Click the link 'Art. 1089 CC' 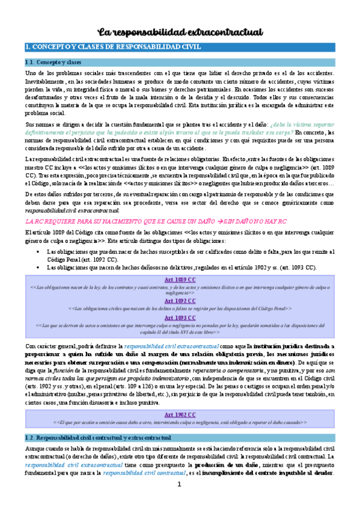(180, 280)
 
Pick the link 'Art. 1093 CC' (180, 317)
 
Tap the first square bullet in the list (38, 251)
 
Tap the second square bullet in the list (38, 267)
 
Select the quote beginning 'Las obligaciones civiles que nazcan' (180, 308)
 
